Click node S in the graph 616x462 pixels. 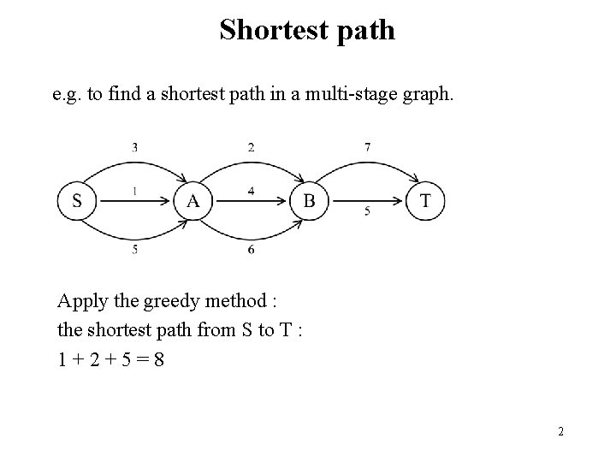tap(77, 202)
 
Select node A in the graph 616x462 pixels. tap(193, 202)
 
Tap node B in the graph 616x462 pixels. tap(309, 202)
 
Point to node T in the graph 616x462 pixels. tap(425, 202)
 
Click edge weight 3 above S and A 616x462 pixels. tap(134, 147)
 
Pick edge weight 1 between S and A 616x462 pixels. tap(134, 191)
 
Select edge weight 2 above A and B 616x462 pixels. tap(251, 147)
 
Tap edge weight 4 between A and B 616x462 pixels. tap(251, 191)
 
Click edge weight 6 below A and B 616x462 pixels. tap(251, 249)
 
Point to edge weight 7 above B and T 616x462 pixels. tap(367, 147)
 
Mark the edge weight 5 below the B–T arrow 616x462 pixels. tap(367, 211)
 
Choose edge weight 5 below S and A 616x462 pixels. tap(134, 249)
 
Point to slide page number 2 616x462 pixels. tap(560, 432)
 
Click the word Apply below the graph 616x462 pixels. tap(80, 302)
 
